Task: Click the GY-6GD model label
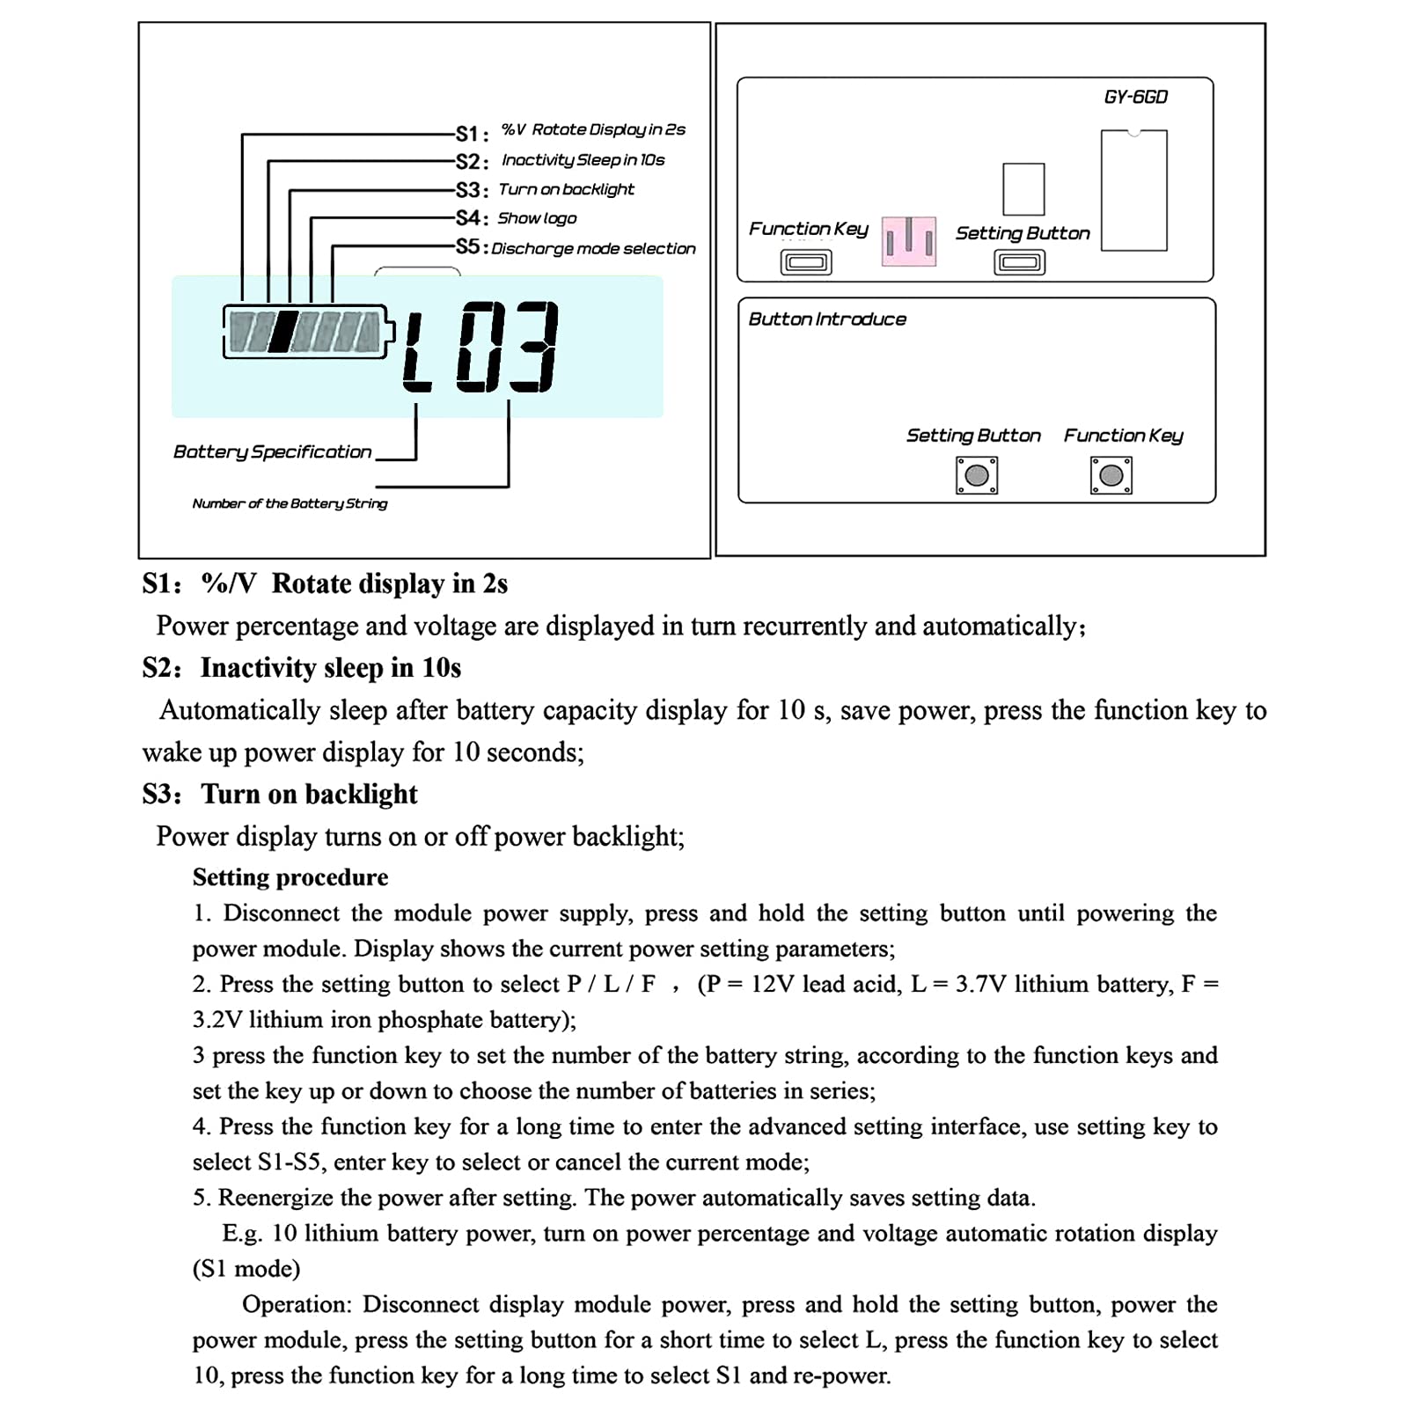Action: coord(1135,97)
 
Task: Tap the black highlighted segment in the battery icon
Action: coord(282,332)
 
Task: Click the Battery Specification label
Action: coord(272,451)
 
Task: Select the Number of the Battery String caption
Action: coord(290,503)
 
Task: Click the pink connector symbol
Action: coord(909,240)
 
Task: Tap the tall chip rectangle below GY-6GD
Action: coord(1134,191)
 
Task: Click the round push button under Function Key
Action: coord(1111,476)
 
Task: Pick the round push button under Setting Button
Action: coord(977,476)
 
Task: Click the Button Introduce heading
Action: coord(827,319)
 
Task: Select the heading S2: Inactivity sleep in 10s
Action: coord(302,668)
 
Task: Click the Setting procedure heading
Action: coord(290,877)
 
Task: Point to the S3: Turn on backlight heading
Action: coord(280,794)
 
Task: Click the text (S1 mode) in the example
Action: coord(246,1269)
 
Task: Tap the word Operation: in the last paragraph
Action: coord(297,1304)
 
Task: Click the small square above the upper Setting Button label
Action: coord(1023,189)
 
